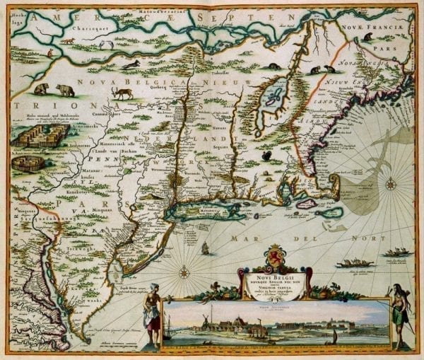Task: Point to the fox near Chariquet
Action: (x=68, y=40)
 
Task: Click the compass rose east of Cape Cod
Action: (x=389, y=185)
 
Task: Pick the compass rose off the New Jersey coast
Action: (x=183, y=271)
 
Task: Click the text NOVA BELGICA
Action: (x=128, y=83)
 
